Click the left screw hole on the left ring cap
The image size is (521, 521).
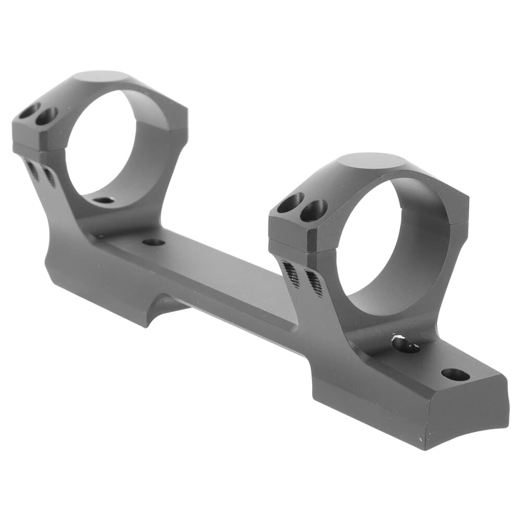tap(29, 110)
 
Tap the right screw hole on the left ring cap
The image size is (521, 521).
tap(46, 116)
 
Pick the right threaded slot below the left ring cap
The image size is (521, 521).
tap(49, 177)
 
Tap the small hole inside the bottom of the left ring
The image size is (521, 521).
tap(105, 200)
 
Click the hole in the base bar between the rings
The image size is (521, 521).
tap(153, 242)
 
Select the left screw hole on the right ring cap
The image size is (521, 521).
tap(290, 203)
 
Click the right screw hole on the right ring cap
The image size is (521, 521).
tap(314, 210)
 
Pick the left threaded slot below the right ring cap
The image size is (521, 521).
tap(291, 273)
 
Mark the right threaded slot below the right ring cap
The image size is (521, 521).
tap(314, 283)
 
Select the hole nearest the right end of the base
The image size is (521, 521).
tap(454, 374)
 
